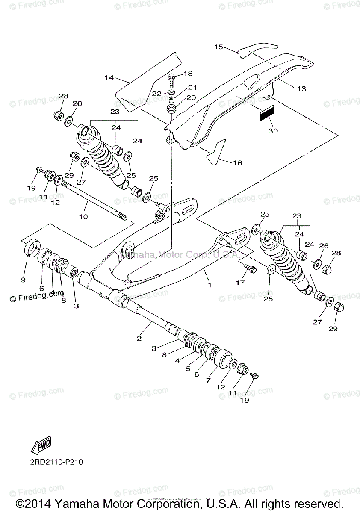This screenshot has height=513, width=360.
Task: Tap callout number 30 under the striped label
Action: (x=272, y=131)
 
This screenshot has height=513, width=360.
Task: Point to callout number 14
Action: (x=109, y=78)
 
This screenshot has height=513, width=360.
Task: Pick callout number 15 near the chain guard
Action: (x=218, y=47)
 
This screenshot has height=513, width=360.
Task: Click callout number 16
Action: (x=238, y=162)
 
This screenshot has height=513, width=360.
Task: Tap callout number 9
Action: (x=24, y=280)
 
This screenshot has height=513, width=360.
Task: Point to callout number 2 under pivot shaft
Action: (x=139, y=339)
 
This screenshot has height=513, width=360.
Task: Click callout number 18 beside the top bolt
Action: (x=188, y=74)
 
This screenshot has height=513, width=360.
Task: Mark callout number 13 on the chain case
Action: (x=302, y=88)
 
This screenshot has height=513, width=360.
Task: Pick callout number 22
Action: (x=157, y=93)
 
